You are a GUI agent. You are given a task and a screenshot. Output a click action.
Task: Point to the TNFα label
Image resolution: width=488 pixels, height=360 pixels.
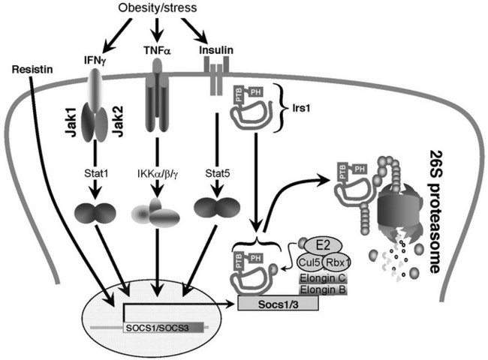[x=155, y=55]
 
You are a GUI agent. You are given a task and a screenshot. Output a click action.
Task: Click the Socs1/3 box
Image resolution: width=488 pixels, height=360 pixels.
[x=278, y=303]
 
